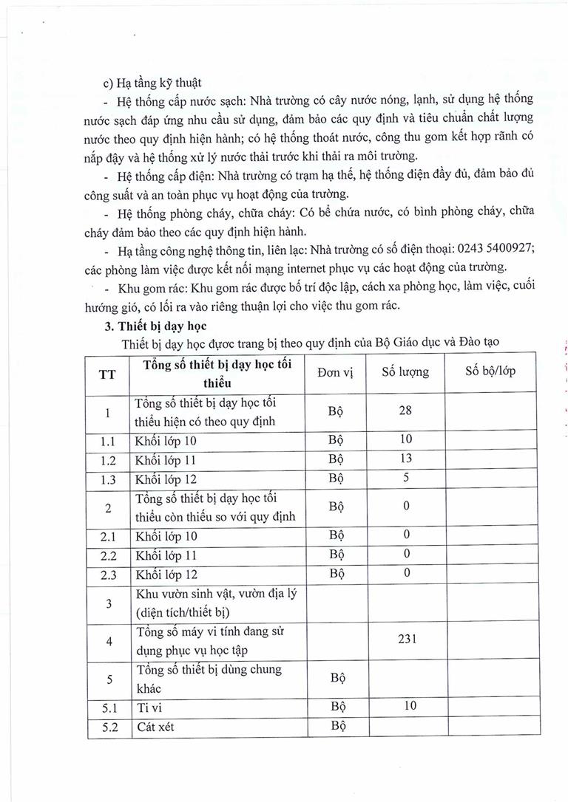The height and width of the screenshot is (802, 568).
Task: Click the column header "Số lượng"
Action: [x=405, y=372]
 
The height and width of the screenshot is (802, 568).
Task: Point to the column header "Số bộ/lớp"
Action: [x=490, y=371]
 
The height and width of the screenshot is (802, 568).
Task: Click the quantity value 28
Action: [x=405, y=410]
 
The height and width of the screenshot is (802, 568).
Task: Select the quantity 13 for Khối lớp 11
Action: [x=405, y=459]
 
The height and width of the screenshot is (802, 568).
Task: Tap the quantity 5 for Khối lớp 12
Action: [x=405, y=476]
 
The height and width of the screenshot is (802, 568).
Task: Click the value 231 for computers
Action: [x=405, y=639]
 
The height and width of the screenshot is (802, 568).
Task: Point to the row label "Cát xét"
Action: [x=156, y=727]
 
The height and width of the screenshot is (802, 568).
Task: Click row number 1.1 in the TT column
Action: [x=108, y=441]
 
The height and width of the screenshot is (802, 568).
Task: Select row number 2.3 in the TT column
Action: [x=108, y=574]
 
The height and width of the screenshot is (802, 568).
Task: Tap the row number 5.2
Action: [x=108, y=727]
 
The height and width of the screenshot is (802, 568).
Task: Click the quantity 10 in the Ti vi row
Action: [x=405, y=706]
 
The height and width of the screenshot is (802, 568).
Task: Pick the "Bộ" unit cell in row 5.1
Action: [x=337, y=707]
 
